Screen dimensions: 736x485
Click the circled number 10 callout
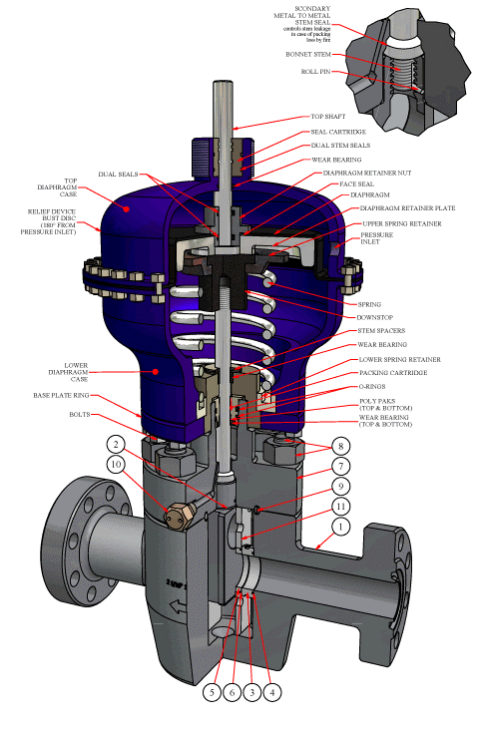click(x=117, y=464)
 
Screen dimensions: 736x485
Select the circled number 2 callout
click(x=117, y=444)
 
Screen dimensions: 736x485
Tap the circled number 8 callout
click(x=341, y=447)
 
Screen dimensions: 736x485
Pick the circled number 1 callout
click(x=341, y=526)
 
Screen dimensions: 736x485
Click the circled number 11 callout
click(x=341, y=507)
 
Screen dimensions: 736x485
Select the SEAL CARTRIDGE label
click(x=336, y=132)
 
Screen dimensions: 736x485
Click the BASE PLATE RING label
click(x=82, y=395)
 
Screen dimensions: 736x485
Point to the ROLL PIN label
click(x=317, y=72)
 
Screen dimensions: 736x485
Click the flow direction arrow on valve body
click(x=176, y=604)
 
